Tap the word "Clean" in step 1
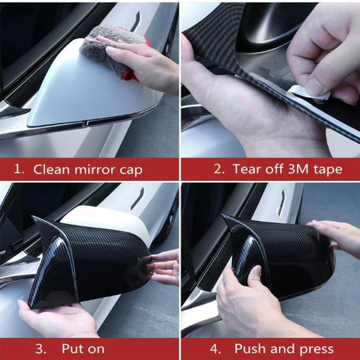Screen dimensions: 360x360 coord(51,170)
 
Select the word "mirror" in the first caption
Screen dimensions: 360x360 coord(94,170)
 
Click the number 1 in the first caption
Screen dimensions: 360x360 coord(18,170)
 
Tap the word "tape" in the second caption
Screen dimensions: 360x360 coord(328,170)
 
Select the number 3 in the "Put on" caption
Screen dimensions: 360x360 coord(40,349)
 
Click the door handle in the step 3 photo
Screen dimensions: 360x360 coord(137,199)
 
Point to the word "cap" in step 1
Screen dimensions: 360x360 coord(131,171)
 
